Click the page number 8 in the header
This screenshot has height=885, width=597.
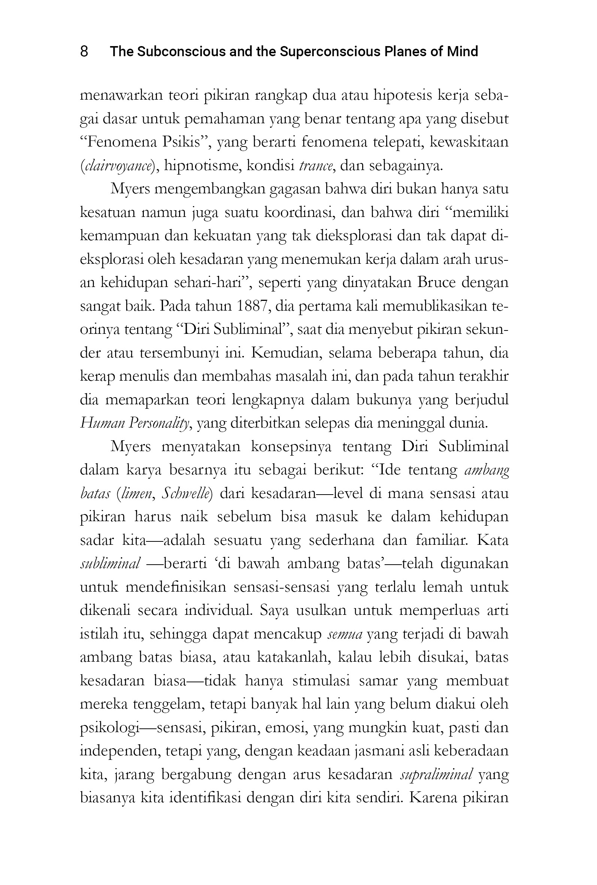coord(84,51)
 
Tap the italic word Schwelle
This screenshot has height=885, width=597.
coord(185,493)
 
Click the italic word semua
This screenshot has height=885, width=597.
coord(345,634)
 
